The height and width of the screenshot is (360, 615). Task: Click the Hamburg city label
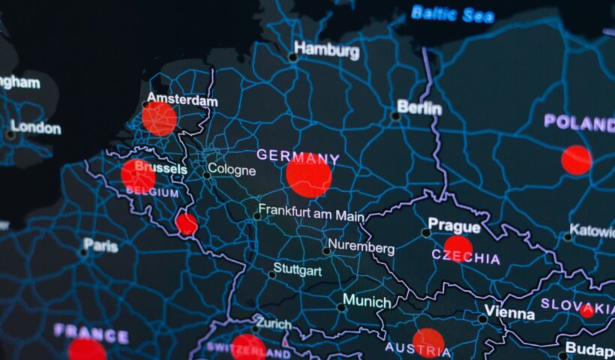click(326, 50)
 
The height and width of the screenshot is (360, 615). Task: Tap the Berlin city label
click(419, 107)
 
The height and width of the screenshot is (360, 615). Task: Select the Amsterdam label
click(182, 100)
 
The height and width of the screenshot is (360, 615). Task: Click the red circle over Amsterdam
click(159, 118)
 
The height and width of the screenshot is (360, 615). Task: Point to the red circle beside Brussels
click(138, 175)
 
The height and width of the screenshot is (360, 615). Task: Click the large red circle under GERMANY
click(308, 175)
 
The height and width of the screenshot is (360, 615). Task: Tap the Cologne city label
click(232, 169)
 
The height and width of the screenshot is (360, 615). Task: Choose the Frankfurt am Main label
click(310, 214)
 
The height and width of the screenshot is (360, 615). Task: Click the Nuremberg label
click(361, 247)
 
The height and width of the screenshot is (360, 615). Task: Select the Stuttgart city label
click(298, 268)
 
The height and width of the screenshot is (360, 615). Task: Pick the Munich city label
click(367, 301)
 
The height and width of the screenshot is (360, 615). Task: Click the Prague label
click(454, 225)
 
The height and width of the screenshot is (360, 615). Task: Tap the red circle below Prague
click(457, 248)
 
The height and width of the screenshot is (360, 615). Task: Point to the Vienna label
click(509, 312)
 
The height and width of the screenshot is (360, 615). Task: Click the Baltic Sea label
click(453, 13)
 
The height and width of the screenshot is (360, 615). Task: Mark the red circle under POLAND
click(576, 160)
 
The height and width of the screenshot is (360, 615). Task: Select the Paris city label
click(100, 244)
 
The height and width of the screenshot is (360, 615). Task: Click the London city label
click(35, 127)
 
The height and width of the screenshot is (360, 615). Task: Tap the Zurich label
click(273, 324)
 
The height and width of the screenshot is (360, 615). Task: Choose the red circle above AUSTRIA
click(428, 342)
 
